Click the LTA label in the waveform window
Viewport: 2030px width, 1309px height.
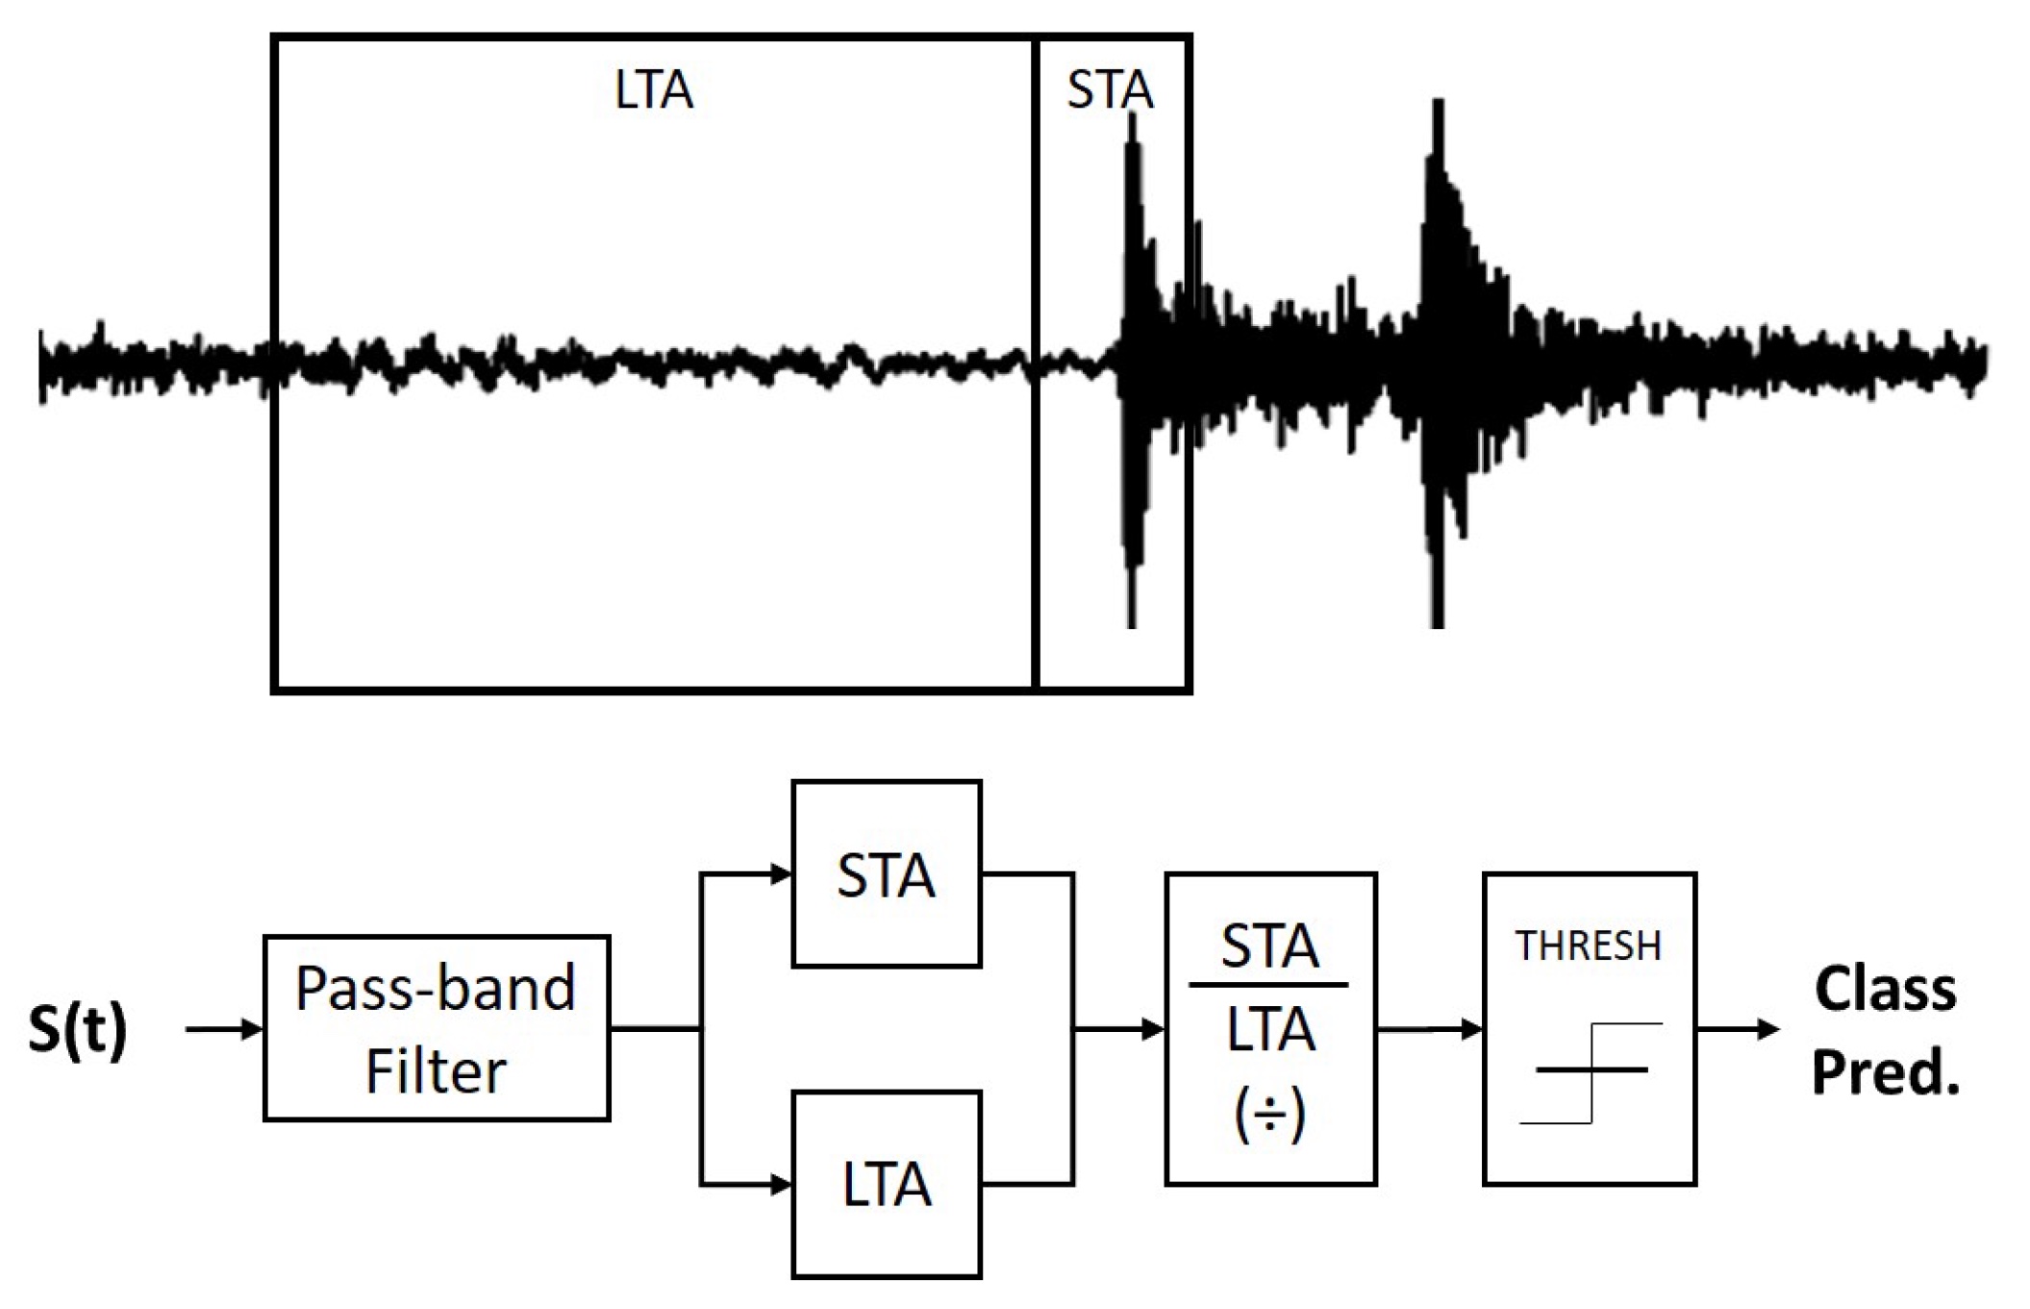pos(653,90)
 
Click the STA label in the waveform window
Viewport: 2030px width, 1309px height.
pos(1109,90)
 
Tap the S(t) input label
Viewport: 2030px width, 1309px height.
pos(77,1029)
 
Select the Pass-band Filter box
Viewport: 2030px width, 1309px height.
pos(437,1028)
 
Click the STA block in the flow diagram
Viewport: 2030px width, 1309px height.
pos(886,874)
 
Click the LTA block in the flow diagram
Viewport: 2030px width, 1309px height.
pos(886,1184)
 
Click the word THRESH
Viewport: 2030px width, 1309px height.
pos(1589,946)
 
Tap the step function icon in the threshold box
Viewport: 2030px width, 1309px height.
pos(1591,1072)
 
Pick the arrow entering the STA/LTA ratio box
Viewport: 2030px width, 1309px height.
pos(1150,1029)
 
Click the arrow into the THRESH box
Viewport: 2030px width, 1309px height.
pos(1469,1029)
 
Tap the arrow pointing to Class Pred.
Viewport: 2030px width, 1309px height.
pos(1767,1029)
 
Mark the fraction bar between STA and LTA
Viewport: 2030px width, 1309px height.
pos(1268,985)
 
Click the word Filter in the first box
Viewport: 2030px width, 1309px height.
pos(436,1071)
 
